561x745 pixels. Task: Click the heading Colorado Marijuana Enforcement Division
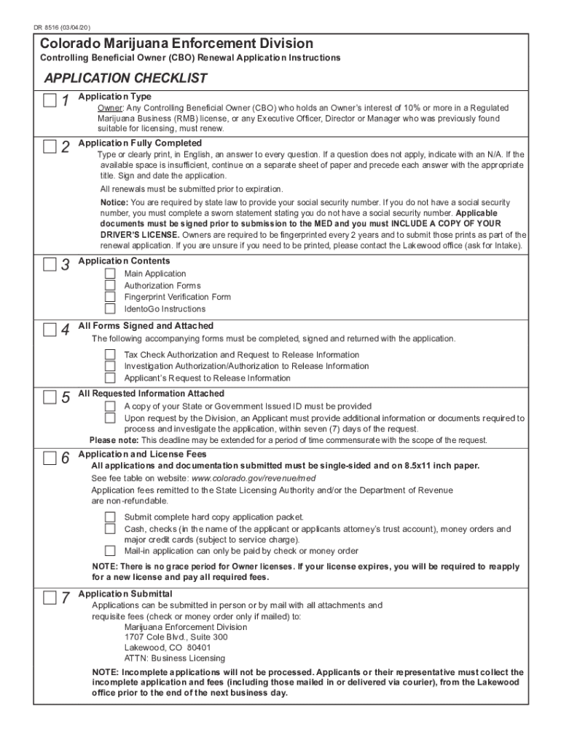[x=176, y=44]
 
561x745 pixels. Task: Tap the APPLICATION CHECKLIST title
[x=125, y=78]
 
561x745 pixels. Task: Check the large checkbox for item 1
[x=50, y=100]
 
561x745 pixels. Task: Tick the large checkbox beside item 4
[x=50, y=330]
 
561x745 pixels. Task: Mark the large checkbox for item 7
[x=50, y=598]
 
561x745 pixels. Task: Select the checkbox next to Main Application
[x=110, y=274]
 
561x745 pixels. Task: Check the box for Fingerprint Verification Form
[x=110, y=297]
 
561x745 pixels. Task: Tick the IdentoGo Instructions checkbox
[x=110, y=308]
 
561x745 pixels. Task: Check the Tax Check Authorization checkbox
[x=110, y=354]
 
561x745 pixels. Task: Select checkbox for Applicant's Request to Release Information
[x=110, y=378]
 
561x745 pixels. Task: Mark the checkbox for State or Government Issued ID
[x=110, y=406]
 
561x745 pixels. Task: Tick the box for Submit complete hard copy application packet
[x=110, y=517]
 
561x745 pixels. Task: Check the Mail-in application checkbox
[x=110, y=551]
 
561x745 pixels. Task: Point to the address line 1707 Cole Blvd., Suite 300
[x=176, y=637]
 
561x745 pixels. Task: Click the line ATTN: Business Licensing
[x=175, y=658]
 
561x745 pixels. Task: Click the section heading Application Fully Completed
[x=140, y=143]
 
